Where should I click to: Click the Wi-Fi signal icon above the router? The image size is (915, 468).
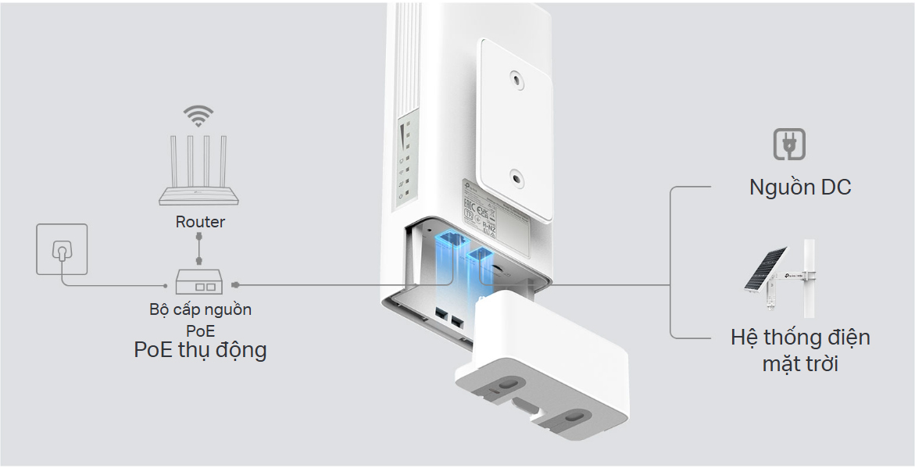pyautogui.click(x=198, y=117)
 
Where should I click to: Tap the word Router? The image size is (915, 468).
pyautogui.click(x=200, y=222)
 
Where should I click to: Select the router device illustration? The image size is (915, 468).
pyautogui.click(x=199, y=173)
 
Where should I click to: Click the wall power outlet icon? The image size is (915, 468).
pyautogui.click(x=62, y=249)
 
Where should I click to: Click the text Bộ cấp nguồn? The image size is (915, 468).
pyautogui.click(x=200, y=309)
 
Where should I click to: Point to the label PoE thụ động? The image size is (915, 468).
pyautogui.click(x=200, y=349)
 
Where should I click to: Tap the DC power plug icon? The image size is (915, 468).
pyautogui.click(x=788, y=145)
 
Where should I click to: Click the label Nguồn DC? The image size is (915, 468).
pyautogui.click(x=799, y=188)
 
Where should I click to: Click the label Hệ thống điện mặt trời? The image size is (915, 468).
pyautogui.click(x=799, y=350)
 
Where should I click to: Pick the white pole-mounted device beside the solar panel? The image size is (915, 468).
pyautogui.click(x=809, y=277)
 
